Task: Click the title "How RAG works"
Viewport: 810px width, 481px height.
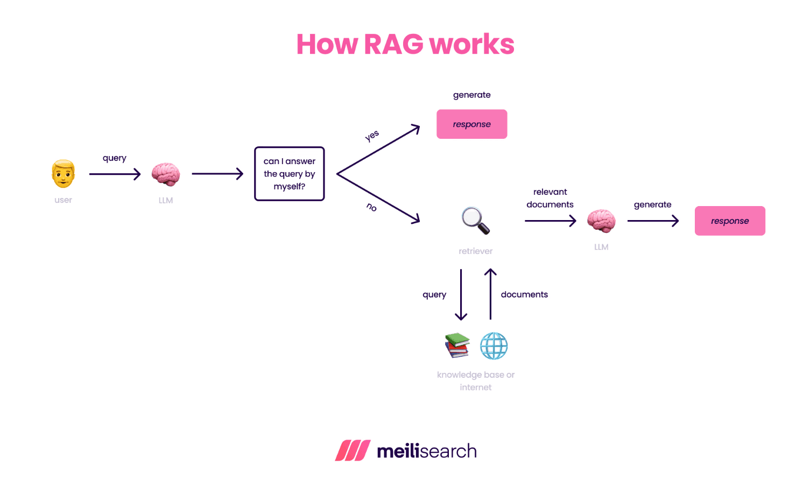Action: tap(405, 44)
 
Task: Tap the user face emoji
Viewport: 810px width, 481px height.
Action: tap(64, 174)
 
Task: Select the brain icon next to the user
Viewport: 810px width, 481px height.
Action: tap(165, 174)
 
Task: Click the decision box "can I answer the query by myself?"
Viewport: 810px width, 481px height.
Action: tap(290, 174)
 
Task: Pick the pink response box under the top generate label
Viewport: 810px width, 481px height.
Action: tap(471, 124)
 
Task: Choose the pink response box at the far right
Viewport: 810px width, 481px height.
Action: tap(730, 221)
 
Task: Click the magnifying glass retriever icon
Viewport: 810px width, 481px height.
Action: tap(476, 221)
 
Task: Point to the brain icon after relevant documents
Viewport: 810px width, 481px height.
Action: tap(601, 221)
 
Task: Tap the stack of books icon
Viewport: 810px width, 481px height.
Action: tap(457, 345)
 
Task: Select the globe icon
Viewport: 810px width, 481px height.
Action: tap(494, 346)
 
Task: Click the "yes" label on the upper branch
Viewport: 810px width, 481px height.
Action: tap(372, 136)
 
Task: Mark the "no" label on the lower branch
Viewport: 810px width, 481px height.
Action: tap(371, 207)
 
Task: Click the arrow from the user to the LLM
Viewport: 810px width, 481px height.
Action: tap(115, 174)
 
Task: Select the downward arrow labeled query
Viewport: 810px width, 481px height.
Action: tap(461, 295)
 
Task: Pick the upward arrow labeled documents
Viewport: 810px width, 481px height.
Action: tap(490, 295)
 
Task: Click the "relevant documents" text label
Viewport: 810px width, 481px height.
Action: tap(550, 198)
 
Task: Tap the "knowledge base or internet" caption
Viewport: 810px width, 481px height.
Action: tap(476, 381)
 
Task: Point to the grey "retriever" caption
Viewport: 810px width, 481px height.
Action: tap(476, 251)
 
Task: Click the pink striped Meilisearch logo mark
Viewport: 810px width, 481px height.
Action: tap(353, 451)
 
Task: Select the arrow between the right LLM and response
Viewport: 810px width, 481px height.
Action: tap(653, 221)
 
